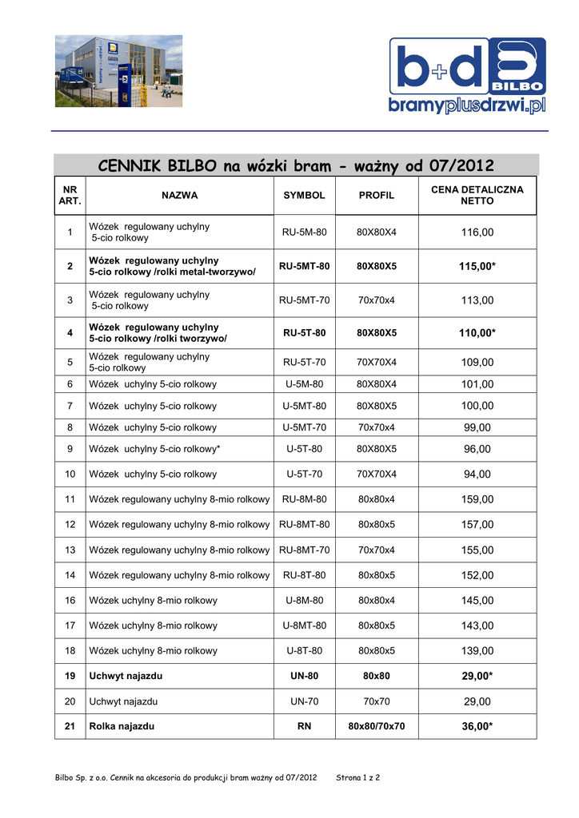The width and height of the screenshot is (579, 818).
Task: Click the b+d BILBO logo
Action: [x=467, y=77]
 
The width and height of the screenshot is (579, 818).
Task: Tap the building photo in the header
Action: [x=118, y=71]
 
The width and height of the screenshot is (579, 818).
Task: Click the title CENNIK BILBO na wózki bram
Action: [x=296, y=166]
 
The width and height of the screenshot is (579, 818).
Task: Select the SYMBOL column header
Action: [x=304, y=196]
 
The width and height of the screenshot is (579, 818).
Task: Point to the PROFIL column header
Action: [x=376, y=196]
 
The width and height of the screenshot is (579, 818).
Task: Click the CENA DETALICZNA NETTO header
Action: [x=477, y=196]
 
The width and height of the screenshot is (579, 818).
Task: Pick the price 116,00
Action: [x=477, y=232]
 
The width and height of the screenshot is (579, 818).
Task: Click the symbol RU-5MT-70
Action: [x=304, y=300]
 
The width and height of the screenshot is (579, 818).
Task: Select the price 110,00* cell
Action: [x=477, y=333]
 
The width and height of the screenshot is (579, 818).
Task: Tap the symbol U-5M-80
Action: [x=304, y=384]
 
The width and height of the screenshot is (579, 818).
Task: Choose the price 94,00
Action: [x=477, y=475]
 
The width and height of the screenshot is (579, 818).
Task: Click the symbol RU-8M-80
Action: [x=304, y=500]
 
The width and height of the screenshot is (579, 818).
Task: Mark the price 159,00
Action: [x=477, y=500]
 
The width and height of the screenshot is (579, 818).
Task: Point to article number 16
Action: [x=70, y=601]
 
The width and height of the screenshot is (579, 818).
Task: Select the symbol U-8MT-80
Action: [x=304, y=626]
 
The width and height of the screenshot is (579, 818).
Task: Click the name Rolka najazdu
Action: [x=122, y=727]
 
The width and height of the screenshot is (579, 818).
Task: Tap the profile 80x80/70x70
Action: [x=376, y=727]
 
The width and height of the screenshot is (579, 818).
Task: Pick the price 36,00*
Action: [x=477, y=727]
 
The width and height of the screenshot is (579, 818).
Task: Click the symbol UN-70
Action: [x=304, y=701]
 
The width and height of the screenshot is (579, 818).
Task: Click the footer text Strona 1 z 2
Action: [x=357, y=777]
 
